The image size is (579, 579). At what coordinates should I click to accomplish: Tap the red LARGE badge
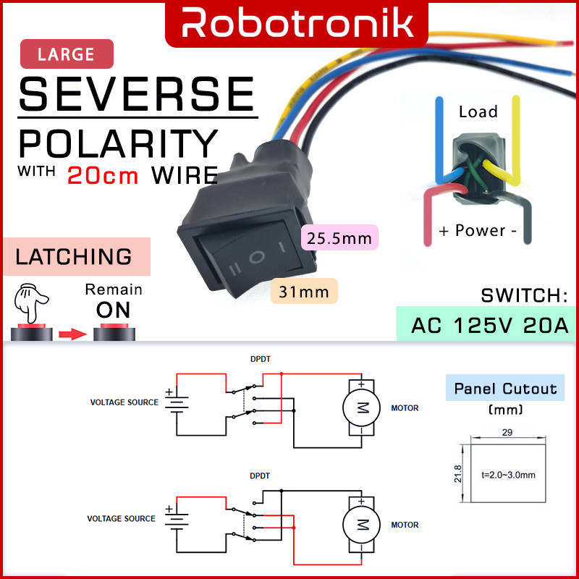point(67,54)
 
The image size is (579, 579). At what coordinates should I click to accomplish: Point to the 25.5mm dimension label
point(339,237)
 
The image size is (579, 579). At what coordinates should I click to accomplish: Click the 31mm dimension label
point(304,292)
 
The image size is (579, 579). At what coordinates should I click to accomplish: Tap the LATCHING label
point(75,256)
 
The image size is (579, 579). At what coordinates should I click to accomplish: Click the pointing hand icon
point(31,305)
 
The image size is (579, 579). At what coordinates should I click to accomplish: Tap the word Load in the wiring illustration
point(478,111)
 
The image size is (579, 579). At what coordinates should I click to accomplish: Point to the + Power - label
point(478,231)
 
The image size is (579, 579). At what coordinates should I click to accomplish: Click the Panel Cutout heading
point(506,389)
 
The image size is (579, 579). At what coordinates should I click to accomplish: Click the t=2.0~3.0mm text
point(507,475)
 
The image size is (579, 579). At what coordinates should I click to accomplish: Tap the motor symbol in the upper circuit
point(360,407)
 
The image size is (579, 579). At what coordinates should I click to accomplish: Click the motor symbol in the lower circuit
point(360,524)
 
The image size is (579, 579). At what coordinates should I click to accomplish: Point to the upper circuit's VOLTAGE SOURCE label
point(124,402)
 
